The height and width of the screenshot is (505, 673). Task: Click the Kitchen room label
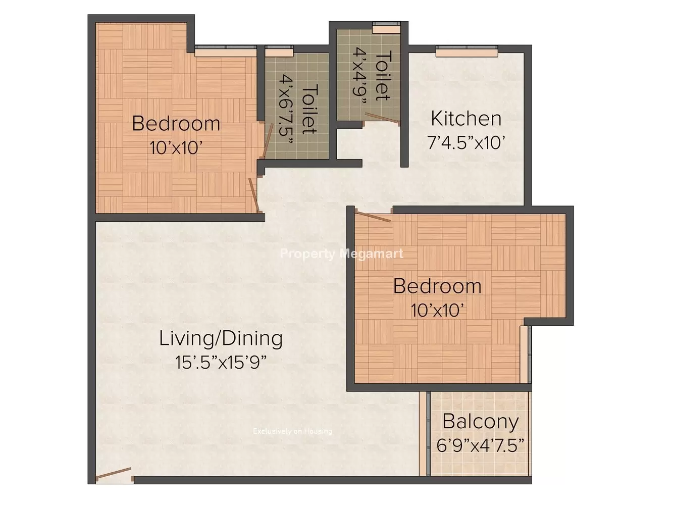coord(465,119)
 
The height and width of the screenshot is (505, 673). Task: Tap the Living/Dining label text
coord(221,339)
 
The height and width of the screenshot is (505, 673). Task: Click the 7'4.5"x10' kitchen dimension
coord(466,142)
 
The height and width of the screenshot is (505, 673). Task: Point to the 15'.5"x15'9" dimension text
coord(221,363)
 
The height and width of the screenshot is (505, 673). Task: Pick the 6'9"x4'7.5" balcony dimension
coord(481,445)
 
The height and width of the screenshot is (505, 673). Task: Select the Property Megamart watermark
coord(342,254)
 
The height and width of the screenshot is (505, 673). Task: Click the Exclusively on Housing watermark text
coord(292,431)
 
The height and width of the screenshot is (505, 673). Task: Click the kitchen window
coord(467,51)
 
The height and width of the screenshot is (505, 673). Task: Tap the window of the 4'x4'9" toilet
coord(386,28)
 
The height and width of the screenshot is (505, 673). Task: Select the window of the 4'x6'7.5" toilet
coord(279,51)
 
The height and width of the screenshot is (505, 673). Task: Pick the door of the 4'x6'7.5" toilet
coord(267,140)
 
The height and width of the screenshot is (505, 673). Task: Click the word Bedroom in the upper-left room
coord(176,124)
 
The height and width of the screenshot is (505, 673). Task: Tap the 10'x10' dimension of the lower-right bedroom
coord(437,310)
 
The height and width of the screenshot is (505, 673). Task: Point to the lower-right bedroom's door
coord(373,216)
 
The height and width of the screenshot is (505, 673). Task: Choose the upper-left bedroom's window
coord(226,51)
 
